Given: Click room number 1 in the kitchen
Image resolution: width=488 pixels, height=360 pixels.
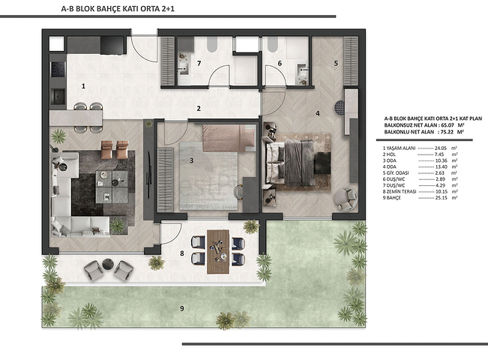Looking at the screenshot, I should (83, 86).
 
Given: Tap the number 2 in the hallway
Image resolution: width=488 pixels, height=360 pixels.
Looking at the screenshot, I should (199, 109).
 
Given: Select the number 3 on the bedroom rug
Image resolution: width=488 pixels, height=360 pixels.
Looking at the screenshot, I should (193, 160).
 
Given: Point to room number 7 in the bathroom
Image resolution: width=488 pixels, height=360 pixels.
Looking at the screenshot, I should (199, 64).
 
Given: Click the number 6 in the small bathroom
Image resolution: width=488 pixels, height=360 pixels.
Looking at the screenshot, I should (279, 64).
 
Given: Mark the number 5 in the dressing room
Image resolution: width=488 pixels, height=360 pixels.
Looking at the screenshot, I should (336, 63).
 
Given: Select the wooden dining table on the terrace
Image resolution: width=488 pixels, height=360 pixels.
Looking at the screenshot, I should (218, 250).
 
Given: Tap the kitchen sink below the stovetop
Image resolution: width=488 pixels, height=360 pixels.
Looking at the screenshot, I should (57, 95).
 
